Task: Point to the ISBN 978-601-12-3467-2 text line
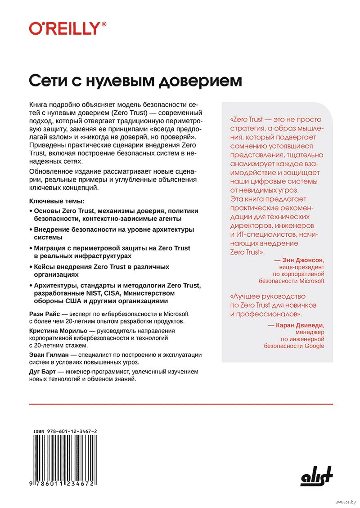tap(66, 432)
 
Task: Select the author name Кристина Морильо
tap(59, 330)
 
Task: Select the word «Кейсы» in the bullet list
tap(46, 267)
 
